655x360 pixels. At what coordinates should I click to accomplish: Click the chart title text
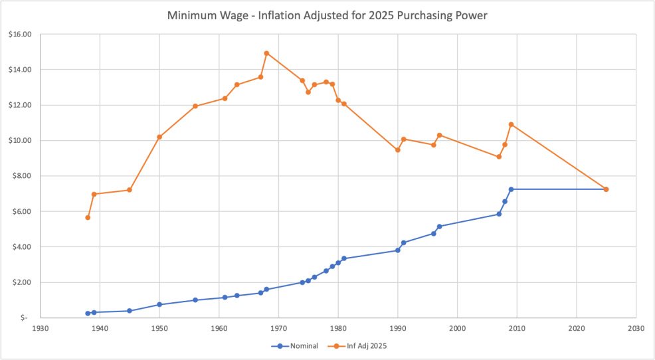tap(327, 15)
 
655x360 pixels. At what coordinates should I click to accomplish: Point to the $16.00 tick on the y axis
tap(21, 34)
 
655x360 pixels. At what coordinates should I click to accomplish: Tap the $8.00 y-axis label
tap(23, 176)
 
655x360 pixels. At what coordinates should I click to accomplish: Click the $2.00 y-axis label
tap(23, 282)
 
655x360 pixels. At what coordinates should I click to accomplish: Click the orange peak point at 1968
tap(266, 53)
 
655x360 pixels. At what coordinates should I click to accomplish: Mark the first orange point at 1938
tap(88, 217)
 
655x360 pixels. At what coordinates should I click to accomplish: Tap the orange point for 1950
tap(159, 137)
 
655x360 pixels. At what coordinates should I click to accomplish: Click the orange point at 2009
tap(511, 124)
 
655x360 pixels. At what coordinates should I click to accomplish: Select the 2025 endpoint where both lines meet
tap(606, 189)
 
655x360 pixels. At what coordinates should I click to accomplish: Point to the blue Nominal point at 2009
tap(511, 189)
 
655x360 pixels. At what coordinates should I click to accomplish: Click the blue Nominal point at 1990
tap(397, 250)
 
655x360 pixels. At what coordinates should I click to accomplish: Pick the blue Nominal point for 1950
tap(159, 304)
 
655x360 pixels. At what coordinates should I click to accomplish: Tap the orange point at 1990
tap(397, 149)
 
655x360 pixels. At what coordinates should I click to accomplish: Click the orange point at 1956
tap(195, 106)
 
